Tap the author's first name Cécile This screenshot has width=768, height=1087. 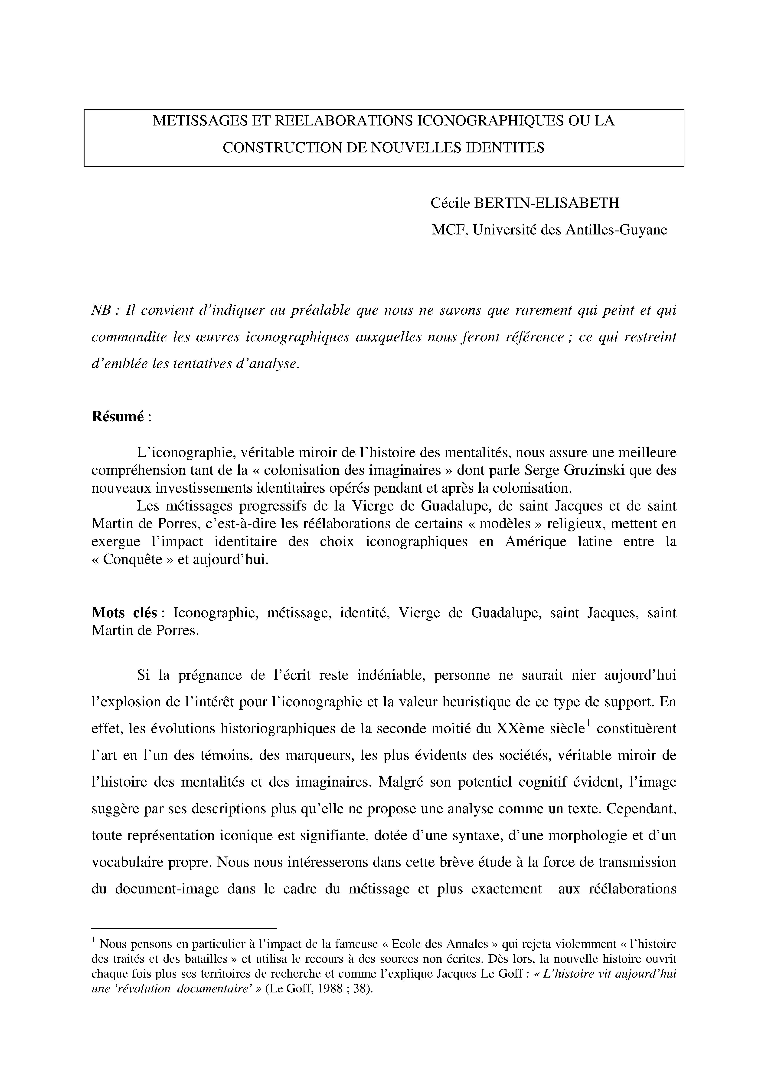click(x=450, y=204)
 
